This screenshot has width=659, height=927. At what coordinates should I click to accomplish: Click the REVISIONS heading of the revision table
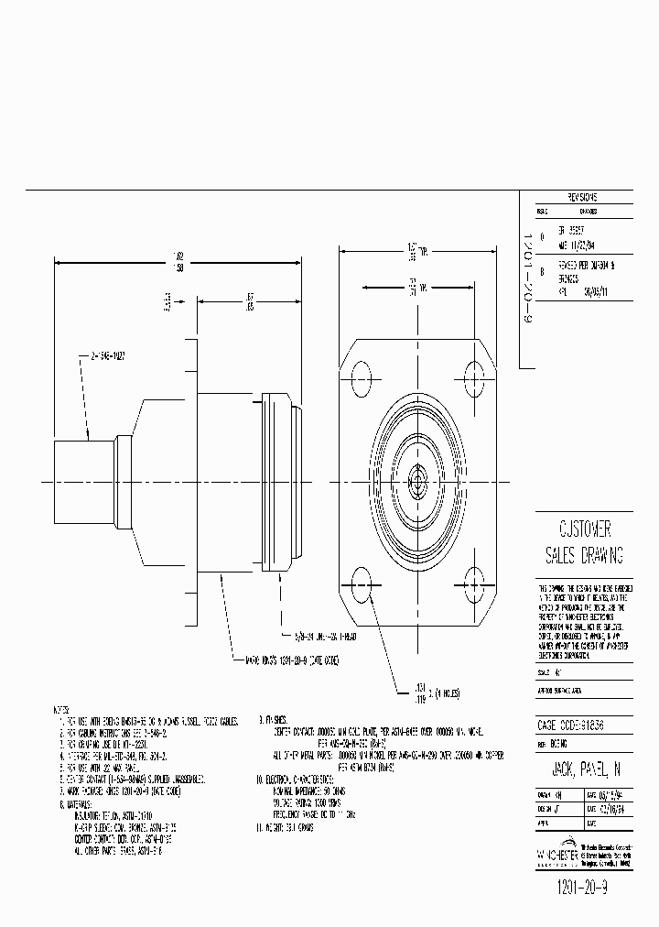coord(582,197)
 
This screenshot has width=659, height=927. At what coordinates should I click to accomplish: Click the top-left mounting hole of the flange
coord(361,375)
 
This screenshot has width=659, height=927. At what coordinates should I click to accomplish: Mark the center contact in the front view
coord(417,477)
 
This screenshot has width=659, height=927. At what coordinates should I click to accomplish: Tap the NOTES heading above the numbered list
coord(61,710)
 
